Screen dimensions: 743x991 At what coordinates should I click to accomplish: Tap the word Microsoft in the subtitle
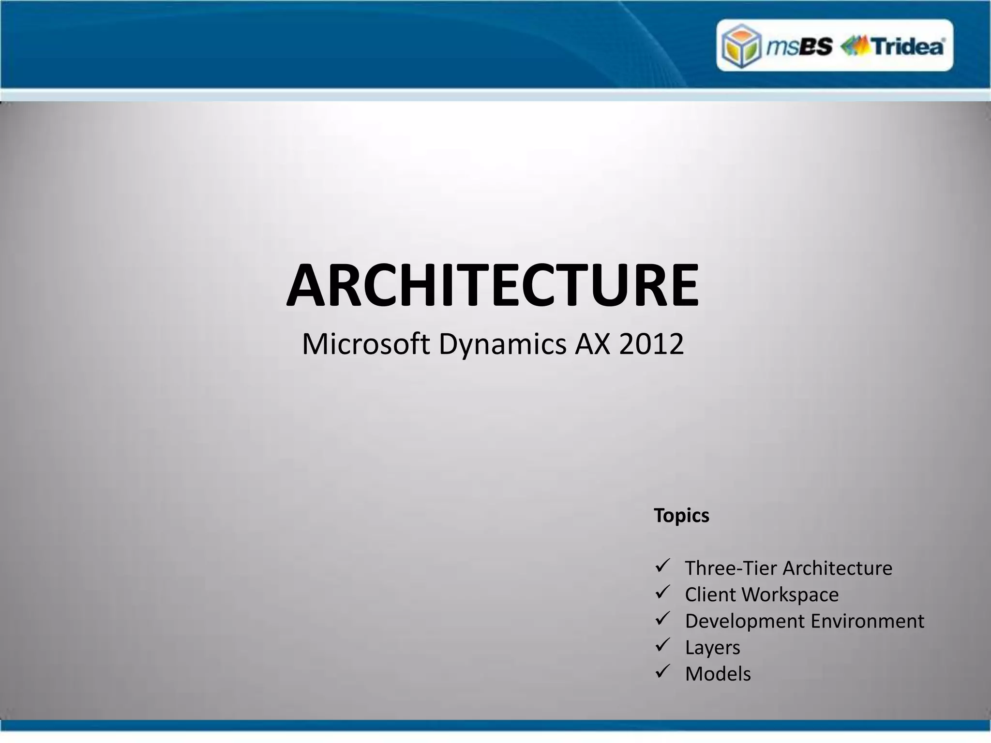click(x=366, y=344)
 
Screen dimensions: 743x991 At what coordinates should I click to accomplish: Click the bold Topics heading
click(x=681, y=516)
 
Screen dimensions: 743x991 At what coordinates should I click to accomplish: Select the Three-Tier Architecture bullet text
click(x=788, y=568)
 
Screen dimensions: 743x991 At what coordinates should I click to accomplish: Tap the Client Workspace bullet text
click(x=762, y=594)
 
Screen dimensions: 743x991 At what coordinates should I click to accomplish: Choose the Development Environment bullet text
click(x=804, y=621)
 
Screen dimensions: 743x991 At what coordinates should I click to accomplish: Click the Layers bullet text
click(x=712, y=648)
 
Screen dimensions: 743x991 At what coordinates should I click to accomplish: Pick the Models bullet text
click(x=718, y=674)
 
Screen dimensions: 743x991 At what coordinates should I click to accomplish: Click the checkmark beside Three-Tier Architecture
click(x=662, y=566)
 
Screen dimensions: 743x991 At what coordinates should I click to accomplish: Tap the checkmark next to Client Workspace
click(x=662, y=592)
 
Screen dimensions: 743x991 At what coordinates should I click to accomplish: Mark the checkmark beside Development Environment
click(x=662, y=619)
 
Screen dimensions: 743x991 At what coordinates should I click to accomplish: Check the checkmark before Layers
click(x=662, y=645)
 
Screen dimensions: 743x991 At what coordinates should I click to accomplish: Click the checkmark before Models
click(x=662, y=671)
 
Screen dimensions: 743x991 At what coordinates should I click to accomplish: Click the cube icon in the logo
click(x=741, y=46)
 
